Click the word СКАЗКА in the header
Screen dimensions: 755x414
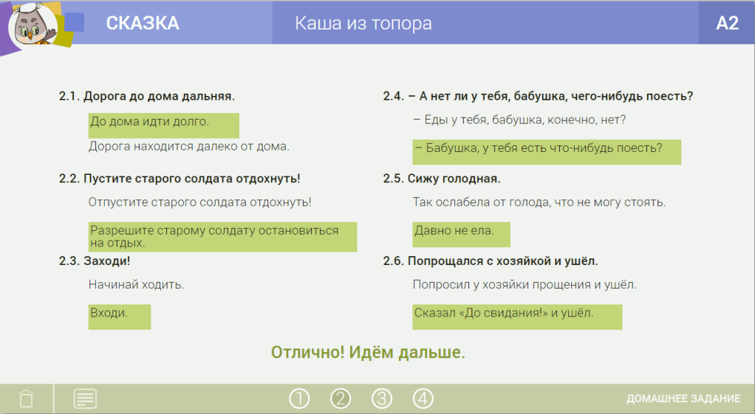coord(143,23)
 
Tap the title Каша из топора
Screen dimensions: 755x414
coord(363,23)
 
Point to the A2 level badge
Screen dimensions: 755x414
coord(727,23)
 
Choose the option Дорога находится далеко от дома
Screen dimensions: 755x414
coord(189,146)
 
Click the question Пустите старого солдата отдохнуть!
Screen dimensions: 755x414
coord(191,179)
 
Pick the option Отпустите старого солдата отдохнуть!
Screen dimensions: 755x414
coord(199,202)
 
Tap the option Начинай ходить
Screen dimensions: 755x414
coord(136,285)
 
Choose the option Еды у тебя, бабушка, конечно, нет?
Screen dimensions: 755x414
coord(519,120)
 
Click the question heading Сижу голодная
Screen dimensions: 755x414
coord(454,179)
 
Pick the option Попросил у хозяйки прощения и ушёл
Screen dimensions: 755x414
coord(525,285)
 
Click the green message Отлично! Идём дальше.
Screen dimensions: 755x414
coord(368,353)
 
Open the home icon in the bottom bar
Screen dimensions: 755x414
coord(26,398)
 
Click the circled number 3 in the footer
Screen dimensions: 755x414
coord(382,399)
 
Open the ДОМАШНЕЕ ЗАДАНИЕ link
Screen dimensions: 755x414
coord(683,399)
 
